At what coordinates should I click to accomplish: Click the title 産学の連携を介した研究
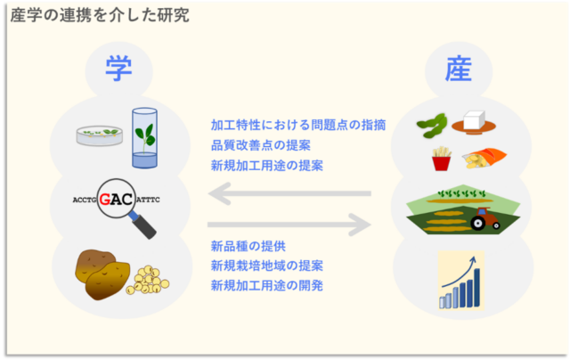(100, 15)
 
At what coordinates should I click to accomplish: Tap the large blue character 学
(118, 69)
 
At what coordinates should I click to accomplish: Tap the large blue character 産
(459, 69)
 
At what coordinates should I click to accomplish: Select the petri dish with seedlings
(99, 135)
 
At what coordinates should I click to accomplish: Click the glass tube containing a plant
(144, 138)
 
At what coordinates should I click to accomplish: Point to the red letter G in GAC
(105, 200)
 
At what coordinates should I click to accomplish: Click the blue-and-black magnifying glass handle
(143, 225)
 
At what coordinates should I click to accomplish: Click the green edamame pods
(432, 126)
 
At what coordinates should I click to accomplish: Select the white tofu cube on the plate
(474, 120)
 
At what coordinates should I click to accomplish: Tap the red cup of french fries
(442, 159)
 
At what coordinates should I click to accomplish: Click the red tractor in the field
(485, 218)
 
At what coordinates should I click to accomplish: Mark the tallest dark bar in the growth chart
(477, 288)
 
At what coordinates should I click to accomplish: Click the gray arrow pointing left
(289, 193)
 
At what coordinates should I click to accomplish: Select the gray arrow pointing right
(289, 225)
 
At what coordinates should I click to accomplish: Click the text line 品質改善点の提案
(261, 145)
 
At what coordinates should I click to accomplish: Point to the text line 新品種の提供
(248, 246)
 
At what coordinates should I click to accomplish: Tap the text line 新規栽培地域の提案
(267, 266)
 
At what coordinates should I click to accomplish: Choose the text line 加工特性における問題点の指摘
(298, 125)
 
